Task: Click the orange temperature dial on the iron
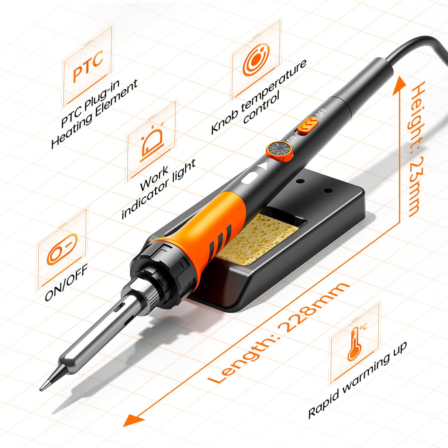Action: tap(279, 152)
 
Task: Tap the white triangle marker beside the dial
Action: tap(263, 166)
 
